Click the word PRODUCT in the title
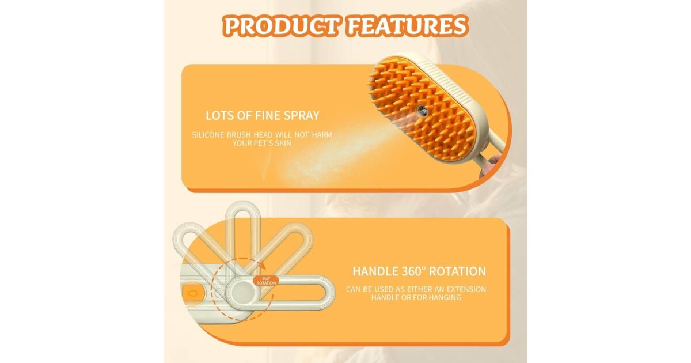tap(282, 27)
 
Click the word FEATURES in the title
tap(408, 27)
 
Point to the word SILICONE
tap(208, 135)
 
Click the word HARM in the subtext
tap(322, 135)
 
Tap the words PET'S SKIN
tap(272, 143)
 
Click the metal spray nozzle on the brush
tap(422, 110)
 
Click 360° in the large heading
tap(413, 271)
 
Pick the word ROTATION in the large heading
tap(457, 271)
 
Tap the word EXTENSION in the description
tap(466, 289)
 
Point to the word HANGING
tap(447, 297)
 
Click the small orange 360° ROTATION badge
tap(266, 281)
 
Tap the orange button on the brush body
tap(191, 293)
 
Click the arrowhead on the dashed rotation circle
tap(262, 265)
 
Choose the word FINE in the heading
tap(267, 115)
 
